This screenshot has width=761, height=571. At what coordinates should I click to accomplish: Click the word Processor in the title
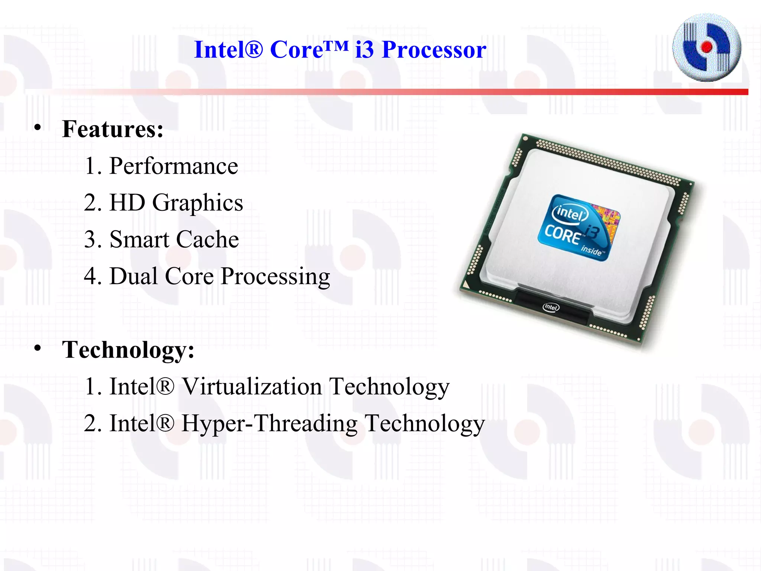(434, 50)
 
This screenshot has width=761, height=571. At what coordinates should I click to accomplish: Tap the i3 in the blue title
(364, 50)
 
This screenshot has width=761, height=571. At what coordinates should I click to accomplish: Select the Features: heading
(113, 129)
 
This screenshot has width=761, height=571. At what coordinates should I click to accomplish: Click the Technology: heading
(128, 350)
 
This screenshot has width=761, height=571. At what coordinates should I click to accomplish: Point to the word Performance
(174, 166)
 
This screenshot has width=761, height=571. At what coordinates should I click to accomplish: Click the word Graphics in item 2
(197, 203)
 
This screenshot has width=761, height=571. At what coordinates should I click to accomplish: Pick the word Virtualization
(252, 387)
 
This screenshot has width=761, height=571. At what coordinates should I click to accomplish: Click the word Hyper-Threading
(269, 423)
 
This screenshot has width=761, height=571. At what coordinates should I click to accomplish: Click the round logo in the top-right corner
(707, 48)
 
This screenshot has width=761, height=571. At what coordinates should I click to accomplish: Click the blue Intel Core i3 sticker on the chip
(579, 228)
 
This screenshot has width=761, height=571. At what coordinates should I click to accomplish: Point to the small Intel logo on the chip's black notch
(551, 307)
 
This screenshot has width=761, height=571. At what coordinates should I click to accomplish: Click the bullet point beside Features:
(38, 128)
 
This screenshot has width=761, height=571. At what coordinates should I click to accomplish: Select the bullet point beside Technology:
(38, 348)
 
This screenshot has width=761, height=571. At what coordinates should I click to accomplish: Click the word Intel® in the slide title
(228, 50)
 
